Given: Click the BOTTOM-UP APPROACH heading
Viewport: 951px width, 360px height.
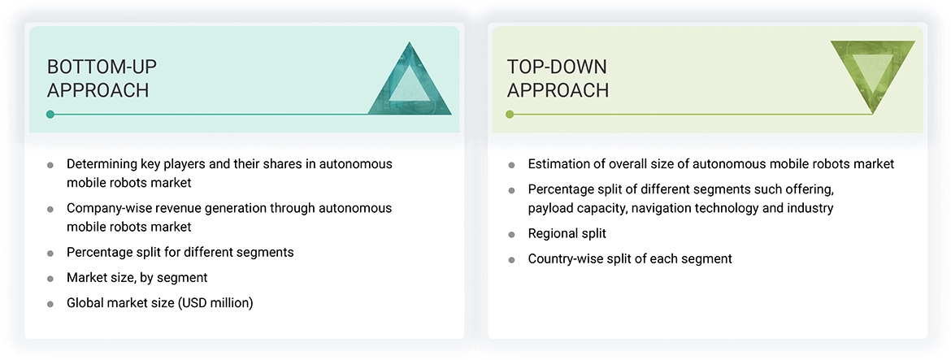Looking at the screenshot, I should [98, 78].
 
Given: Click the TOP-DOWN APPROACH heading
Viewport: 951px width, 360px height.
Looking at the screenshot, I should [558, 78].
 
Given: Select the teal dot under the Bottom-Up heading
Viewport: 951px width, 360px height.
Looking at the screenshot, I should [50, 114].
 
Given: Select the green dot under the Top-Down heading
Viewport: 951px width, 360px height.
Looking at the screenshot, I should [510, 114].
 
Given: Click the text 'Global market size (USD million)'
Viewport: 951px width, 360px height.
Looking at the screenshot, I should [160, 303].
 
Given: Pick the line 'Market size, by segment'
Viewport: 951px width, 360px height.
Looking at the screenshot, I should [137, 278].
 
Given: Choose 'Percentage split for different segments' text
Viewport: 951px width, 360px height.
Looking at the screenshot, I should [180, 253].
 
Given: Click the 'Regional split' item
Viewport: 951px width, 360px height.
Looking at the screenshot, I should [567, 234].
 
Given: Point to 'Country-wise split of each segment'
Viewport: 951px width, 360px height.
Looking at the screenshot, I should [630, 259].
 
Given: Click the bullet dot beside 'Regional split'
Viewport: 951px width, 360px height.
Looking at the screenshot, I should [511, 235].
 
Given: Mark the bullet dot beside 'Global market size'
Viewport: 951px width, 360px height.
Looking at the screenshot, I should [50, 304].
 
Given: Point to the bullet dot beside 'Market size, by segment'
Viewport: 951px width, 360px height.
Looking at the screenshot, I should [50, 279].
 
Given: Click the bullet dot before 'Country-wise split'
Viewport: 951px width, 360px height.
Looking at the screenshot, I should [511, 260].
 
